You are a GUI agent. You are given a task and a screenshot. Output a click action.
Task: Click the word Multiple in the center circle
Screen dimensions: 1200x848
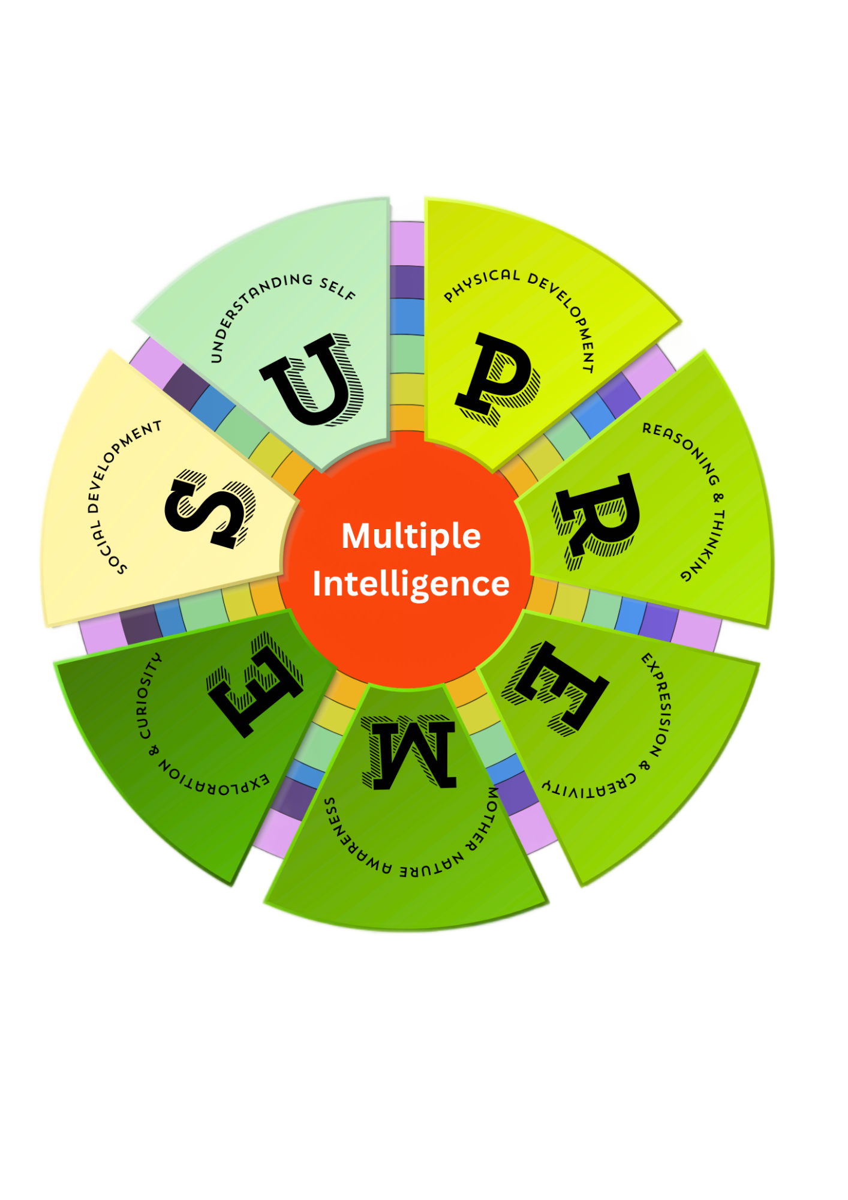pyautogui.click(x=411, y=536)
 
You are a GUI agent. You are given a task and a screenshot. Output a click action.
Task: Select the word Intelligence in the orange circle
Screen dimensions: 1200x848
pyautogui.click(x=411, y=584)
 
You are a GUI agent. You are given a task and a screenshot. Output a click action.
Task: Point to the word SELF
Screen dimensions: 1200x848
pyautogui.click(x=338, y=288)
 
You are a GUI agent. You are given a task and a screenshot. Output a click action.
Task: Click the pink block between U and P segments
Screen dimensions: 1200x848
pyautogui.click(x=407, y=243)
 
